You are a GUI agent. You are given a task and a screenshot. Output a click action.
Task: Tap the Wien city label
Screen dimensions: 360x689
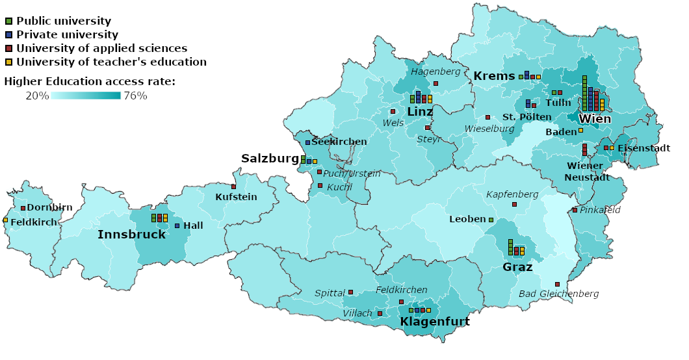(594, 119)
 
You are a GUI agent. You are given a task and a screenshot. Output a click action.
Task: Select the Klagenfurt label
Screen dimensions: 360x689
(434, 322)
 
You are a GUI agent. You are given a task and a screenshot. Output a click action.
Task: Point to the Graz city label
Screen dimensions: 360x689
(518, 267)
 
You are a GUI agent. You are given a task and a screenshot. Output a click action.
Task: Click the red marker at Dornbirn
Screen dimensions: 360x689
(23, 208)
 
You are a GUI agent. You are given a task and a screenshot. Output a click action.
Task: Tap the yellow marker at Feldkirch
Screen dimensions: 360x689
(5, 220)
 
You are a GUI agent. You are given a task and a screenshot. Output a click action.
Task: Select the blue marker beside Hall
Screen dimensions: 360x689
(177, 225)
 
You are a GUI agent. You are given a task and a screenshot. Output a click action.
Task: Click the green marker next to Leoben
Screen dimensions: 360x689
(491, 220)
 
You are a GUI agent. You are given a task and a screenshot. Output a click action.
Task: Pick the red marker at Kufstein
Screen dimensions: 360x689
(233, 186)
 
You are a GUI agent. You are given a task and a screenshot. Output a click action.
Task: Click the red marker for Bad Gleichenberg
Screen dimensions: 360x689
(557, 285)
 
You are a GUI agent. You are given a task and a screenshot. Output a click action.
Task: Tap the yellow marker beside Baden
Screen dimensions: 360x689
(580, 131)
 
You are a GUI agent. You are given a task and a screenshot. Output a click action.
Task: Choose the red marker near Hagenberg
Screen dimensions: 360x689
(435, 83)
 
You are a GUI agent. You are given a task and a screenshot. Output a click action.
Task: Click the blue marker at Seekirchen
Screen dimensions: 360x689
(307, 142)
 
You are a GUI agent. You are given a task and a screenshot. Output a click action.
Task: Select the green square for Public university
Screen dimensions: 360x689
(8, 21)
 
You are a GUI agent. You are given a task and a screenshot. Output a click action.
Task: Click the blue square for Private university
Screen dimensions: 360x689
(8, 34)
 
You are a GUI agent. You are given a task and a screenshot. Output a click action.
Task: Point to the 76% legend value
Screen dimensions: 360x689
(135, 96)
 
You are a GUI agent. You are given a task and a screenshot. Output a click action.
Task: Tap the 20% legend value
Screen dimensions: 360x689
(37, 96)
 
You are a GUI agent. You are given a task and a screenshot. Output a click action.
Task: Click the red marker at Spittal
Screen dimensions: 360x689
(350, 292)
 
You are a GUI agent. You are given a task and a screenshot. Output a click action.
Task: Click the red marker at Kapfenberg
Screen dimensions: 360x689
(514, 204)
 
